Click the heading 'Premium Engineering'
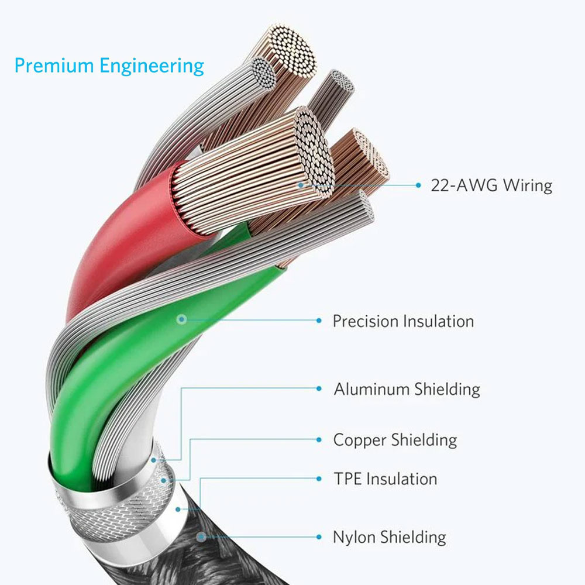point(109,66)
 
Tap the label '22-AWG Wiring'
point(491,185)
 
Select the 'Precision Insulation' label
point(403,321)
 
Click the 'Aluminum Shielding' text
point(407,389)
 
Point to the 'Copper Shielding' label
point(395,441)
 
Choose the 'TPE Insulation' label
point(386,479)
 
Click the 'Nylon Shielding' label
point(390,538)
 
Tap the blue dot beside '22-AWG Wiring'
point(418,185)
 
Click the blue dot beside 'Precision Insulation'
point(319,321)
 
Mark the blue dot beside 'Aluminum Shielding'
point(319,388)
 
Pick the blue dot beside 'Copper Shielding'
point(319,440)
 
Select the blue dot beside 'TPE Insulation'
point(319,479)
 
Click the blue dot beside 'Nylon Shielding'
point(319,537)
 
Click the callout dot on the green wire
point(182,319)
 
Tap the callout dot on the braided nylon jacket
point(201,537)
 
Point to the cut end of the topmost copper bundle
point(293,51)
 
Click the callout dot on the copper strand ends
point(301,185)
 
